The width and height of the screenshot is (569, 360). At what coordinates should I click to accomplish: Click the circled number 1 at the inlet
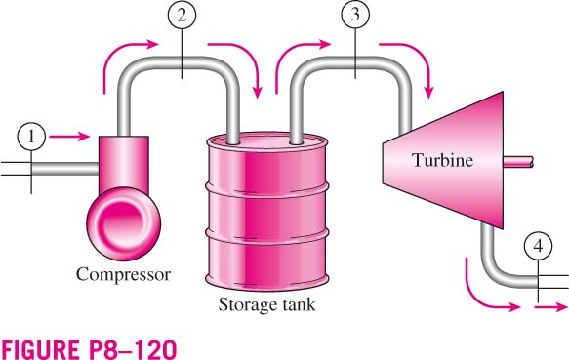pyautogui.click(x=31, y=138)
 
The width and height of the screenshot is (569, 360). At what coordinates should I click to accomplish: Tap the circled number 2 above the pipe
pyautogui.click(x=182, y=15)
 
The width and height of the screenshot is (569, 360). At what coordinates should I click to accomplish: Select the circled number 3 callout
pyautogui.click(x=355, y=15)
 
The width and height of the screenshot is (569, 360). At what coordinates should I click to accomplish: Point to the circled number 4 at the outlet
pyautogui.click(x=538, y=247)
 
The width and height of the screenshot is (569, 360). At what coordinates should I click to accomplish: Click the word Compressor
pyautogui.click(x=123, y=274)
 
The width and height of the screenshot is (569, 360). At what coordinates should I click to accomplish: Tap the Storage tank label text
pyautogui.click(x=266, y=304)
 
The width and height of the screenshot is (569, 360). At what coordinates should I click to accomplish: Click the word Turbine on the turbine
pyautogui.click(x=442, y=160)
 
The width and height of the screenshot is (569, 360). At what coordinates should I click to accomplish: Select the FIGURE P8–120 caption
pyautogui.click(x=89, y=349)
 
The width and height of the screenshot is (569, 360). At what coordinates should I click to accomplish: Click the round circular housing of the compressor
pyautogui.click(x=124, y=223)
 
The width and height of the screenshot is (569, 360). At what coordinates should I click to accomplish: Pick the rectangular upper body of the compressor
pyautogui.click(x=124, y=163)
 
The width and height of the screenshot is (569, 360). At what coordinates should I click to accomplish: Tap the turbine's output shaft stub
pyautogui.click(x=518, y=162)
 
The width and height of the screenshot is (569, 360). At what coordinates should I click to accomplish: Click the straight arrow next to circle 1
pyautogui.click(x=69, y=137)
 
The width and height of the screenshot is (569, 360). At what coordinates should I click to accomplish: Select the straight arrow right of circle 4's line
pyautogui.click(x=550, y=307)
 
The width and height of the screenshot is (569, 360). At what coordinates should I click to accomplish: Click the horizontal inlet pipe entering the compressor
pyautogui.click(x=65, y=169)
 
